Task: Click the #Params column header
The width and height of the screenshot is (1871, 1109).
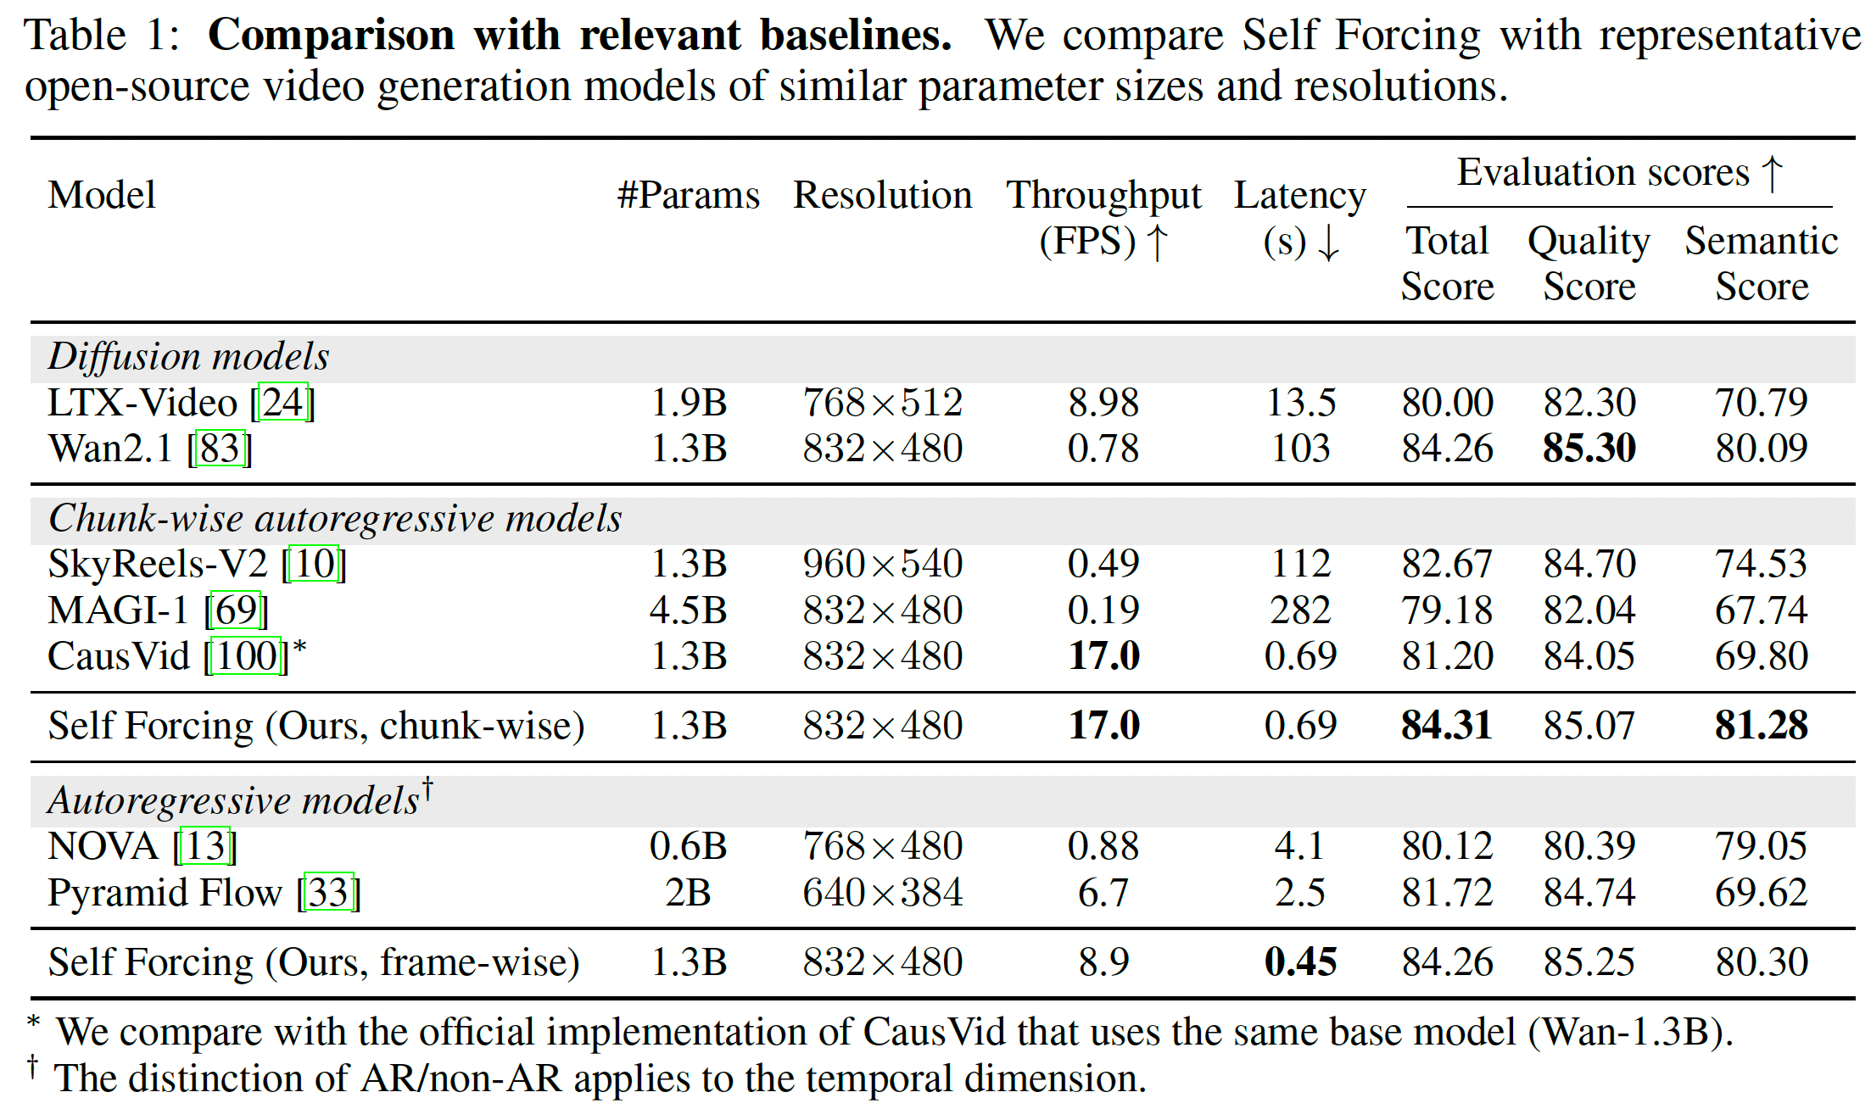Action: point(688,195)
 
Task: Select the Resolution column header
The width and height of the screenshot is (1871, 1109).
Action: point(882,195)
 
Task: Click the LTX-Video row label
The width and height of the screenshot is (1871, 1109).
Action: point(142,403)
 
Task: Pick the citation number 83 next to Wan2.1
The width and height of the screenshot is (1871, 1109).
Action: point(220,449)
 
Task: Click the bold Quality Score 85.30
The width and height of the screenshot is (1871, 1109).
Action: point(1589,449)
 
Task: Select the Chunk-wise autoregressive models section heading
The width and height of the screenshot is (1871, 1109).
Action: point(335,518)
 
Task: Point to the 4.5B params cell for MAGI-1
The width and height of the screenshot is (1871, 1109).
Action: point(688,610)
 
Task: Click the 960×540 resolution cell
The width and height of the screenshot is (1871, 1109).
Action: point(882,565)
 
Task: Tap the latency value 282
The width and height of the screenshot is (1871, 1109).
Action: point(1300,610)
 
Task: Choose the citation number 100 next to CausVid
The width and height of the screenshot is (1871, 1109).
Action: point(246,656)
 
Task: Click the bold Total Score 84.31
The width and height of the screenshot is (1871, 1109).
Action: point(1446,726)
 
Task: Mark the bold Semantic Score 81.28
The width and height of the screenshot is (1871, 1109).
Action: point(1761,726)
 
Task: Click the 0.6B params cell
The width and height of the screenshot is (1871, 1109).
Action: point(688,846)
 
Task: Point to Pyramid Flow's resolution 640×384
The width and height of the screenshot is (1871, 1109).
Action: point(882,893)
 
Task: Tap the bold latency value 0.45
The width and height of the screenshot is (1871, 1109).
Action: point(1300,962)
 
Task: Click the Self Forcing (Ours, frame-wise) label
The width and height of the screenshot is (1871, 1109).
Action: point(314,962)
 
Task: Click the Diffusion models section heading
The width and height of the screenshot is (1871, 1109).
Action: point(188,357)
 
